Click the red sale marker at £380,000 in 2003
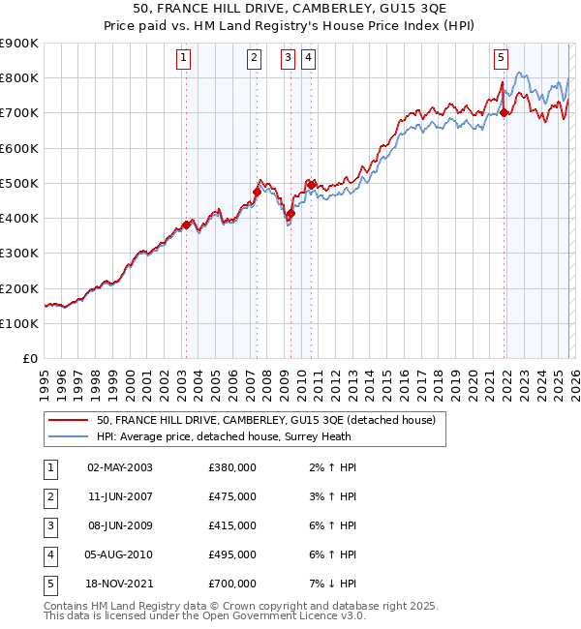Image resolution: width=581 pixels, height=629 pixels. (x=186, y=225)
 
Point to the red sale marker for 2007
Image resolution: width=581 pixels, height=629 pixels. (x=257, y=192)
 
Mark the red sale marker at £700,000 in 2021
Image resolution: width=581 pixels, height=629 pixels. (x=505, y=112)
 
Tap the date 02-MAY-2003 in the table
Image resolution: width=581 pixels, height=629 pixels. (x=120, y=467)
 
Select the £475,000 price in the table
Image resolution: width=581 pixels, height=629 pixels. (x=232, y=496)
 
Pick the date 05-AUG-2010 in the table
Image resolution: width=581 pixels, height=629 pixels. (x=120, y=554)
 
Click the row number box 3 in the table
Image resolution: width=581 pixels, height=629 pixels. (x=50, y=525)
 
